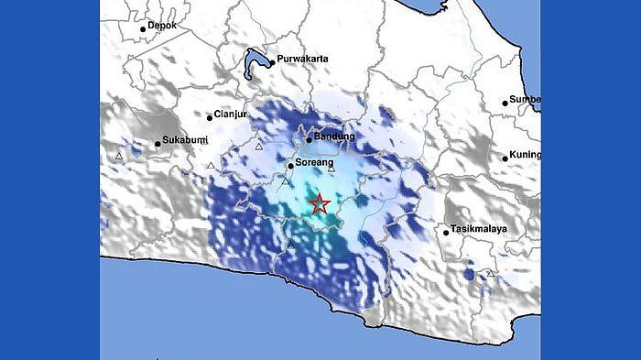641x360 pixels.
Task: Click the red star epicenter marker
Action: [319, 204]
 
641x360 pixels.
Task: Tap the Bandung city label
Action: [334, 137]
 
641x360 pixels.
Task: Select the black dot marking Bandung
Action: [310, 139]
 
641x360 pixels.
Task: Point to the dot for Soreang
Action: [290, 166]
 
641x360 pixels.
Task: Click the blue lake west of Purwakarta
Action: [256, 62]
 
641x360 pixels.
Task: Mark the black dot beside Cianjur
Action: [209, 116]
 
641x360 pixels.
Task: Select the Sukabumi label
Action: [184, 142]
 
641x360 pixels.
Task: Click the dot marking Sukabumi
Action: [157, 143]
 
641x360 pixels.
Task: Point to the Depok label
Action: [161, 27]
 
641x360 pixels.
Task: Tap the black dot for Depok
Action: [143, 29]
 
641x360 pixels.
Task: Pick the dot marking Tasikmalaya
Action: [447, 232]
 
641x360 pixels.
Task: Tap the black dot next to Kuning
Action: [505, 158]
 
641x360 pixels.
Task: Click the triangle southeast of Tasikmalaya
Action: [491, 273]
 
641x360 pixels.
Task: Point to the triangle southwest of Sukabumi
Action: [119, 157]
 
